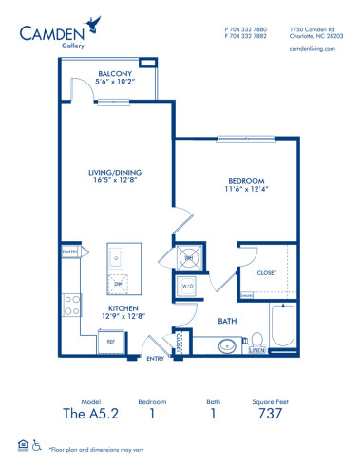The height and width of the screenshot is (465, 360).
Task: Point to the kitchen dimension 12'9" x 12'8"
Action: point(127,319)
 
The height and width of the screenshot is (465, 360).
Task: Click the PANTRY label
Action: point(69,251)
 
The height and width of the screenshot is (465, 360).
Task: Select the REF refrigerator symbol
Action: point(110,339)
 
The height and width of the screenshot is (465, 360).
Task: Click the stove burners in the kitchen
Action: point(70,306)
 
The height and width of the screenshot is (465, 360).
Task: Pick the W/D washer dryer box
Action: point(187,286)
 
